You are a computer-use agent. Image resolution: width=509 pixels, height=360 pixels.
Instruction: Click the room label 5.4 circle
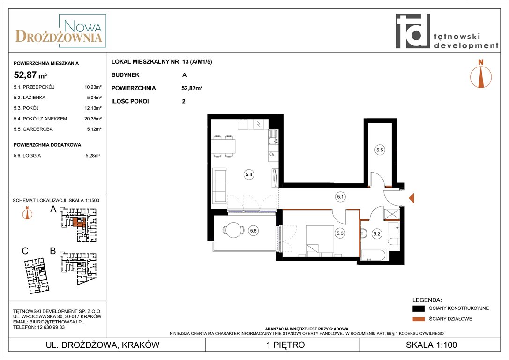249,174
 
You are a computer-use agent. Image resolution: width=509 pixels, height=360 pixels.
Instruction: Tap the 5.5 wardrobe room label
380,150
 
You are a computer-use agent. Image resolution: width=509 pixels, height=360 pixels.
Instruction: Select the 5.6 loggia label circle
253,231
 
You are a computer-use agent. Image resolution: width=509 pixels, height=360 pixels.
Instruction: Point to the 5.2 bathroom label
377,233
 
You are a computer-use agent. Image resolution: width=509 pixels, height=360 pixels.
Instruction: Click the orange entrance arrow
412,198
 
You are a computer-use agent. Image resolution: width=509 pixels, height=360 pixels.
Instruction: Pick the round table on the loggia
234,230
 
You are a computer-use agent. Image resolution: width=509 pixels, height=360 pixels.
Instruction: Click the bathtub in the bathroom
374,255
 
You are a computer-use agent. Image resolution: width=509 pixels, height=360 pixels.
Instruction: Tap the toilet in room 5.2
394,242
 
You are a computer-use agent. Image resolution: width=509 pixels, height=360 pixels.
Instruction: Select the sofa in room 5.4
219,185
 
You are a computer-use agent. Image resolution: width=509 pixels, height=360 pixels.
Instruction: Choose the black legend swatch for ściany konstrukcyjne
419,308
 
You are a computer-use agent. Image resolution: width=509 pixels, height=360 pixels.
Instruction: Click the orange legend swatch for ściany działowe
419,319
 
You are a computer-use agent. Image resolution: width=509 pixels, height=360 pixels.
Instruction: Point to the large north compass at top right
481,74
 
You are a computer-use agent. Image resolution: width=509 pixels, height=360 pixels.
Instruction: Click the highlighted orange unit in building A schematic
79,222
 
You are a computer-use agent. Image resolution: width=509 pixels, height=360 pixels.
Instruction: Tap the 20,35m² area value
93,119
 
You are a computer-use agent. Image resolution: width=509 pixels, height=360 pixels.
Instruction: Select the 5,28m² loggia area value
93,156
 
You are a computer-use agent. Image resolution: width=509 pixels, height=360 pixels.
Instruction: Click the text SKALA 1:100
431,345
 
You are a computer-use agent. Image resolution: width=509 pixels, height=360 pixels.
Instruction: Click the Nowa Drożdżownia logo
61,31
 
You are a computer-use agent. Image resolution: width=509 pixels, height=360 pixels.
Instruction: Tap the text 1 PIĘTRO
285,345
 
